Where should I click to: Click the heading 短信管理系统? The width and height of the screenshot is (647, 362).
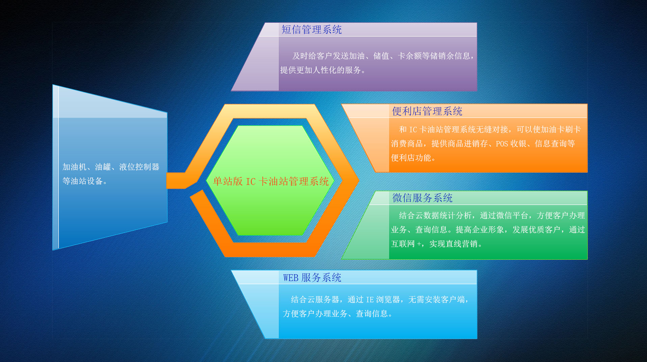312,30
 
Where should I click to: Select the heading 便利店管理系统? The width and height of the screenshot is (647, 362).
427,111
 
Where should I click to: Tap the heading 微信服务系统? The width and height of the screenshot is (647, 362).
422,198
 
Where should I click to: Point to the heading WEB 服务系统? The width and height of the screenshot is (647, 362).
312,278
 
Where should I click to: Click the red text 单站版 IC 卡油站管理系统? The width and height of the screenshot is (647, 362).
271,182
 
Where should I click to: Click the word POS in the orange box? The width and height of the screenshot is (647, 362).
502,144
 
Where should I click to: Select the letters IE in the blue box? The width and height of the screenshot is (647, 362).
370,300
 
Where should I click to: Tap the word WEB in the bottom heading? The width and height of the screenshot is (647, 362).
291,278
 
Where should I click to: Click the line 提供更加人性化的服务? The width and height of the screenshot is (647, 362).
321,70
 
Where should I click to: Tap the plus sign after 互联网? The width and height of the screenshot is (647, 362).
419,244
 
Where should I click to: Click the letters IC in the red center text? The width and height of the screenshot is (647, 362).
251,182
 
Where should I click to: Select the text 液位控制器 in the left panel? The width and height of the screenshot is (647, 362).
139,167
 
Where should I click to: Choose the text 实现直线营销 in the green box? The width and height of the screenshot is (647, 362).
453,244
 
